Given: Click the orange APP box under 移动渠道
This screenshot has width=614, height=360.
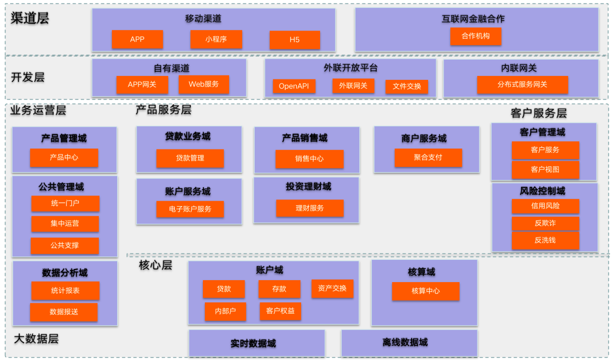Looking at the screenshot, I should tap(137, 39).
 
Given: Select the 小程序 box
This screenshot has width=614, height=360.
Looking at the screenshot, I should tap(216, 39).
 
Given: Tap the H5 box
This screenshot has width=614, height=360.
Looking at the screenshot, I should tap(294, 40).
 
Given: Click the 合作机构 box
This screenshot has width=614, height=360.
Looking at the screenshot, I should tap(476, 36).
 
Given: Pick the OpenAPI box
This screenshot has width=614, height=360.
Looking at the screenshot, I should tap(294, 86).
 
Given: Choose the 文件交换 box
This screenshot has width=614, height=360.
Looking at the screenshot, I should tap(407, 87).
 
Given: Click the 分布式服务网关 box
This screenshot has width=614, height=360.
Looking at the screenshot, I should tap(522, 85).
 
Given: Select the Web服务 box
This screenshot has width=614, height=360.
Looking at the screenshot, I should tap(204, 84).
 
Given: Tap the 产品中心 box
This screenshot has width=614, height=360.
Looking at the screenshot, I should tap(64, 158).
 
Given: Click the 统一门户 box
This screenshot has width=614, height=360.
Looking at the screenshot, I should tap(65, 203).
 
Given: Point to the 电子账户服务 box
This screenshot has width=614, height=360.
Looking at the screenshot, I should tap(190, 209).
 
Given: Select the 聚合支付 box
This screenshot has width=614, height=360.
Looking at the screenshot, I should tap(428, 157).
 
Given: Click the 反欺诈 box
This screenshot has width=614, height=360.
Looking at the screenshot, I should tap(545, 223).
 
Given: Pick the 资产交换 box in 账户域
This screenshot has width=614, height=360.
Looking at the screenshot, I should tap(332, 288).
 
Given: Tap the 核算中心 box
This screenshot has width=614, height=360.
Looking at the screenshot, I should tap(426, 291).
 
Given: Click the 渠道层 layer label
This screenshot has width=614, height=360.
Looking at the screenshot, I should tap(30, 18).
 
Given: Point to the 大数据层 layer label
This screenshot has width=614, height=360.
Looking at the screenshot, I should tap(36, 339).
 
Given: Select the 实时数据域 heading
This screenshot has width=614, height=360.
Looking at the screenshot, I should tap(253, 344).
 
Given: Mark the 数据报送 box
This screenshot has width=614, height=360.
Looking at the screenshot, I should tap(64, 312).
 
